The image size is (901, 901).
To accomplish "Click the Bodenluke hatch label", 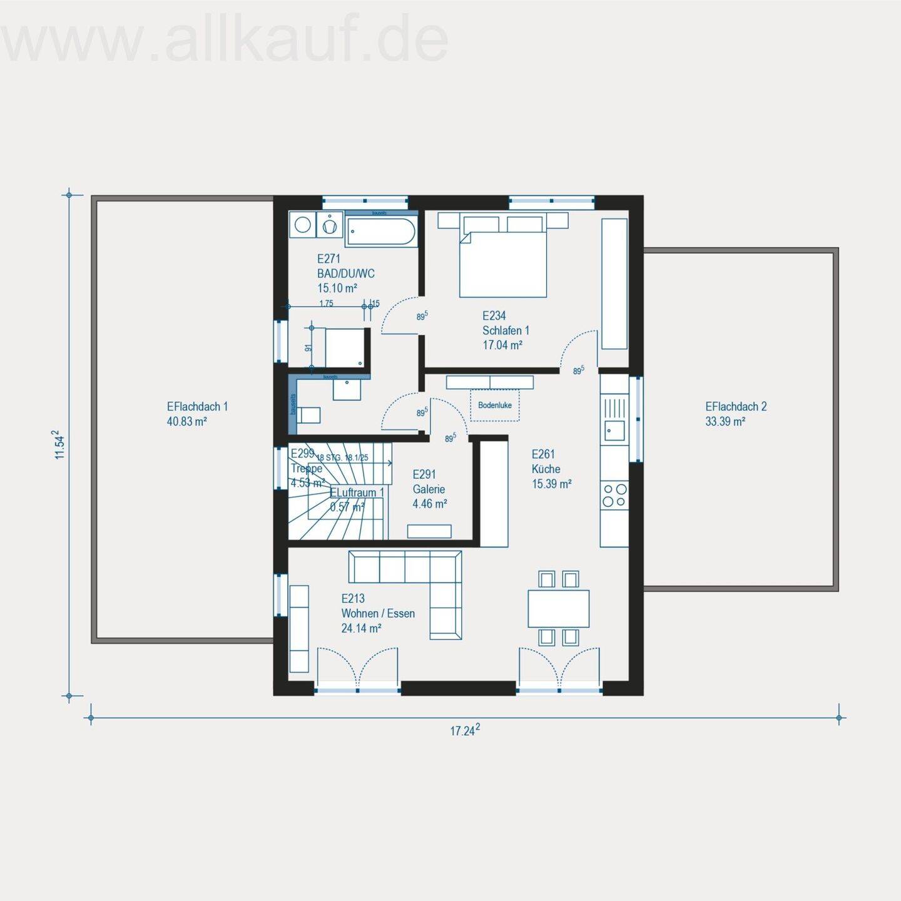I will [494, 405].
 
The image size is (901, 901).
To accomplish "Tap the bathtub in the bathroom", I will [380, 231].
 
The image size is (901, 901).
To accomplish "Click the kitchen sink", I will [613, 430].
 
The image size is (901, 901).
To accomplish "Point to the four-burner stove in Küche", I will [614, 495].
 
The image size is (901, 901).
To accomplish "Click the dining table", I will [558, 608].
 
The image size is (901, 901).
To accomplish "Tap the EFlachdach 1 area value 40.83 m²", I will [186, 422].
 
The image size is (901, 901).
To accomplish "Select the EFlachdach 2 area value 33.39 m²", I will [725, 422].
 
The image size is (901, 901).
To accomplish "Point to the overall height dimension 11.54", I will [60, 444].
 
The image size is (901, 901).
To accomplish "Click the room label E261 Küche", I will [546, 462].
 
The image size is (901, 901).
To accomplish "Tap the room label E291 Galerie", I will [429, 482].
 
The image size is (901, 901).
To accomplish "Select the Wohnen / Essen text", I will [378, 614].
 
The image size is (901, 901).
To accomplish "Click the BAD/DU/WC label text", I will [345, 274].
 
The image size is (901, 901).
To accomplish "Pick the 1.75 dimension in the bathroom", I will [326, 303].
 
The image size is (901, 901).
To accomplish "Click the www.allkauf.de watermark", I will [225, 39].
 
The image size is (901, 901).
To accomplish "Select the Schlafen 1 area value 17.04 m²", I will [502, 345].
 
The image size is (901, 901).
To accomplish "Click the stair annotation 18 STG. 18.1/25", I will [342, 458].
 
